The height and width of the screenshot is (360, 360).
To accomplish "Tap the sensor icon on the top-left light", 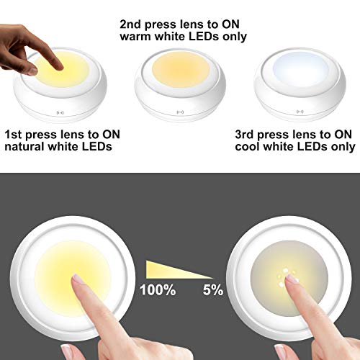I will pyautogui.click(x=60, y=113).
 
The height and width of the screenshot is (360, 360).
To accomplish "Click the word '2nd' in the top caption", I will pyautogui.click(x=132, y=22).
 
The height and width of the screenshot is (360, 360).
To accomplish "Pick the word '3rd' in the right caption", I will pyautogui.click(x=247, y=134).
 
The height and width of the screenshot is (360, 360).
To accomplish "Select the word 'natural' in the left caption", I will pyautogui.click(x=27, y=147).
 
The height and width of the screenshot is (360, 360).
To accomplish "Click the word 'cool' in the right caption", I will pyautogui.click(x=249, y=147).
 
